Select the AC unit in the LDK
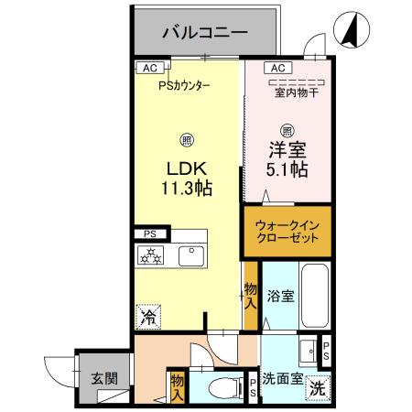pyautogui.click(x=146, y=67)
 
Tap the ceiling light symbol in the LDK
pyautogui.click(x=186, y=140)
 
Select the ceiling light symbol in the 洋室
pyautogui.click(x=287, y=129)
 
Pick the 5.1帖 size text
pyautogui.click(x=287, y=169)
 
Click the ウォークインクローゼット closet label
pyautogui.click(x=287, y=229)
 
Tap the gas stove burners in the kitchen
pyautogui.click(x=150, y=256)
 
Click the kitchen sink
pyautogui.click(x=192, y=255)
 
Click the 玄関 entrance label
pyautogui.click(x=103, y=377)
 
